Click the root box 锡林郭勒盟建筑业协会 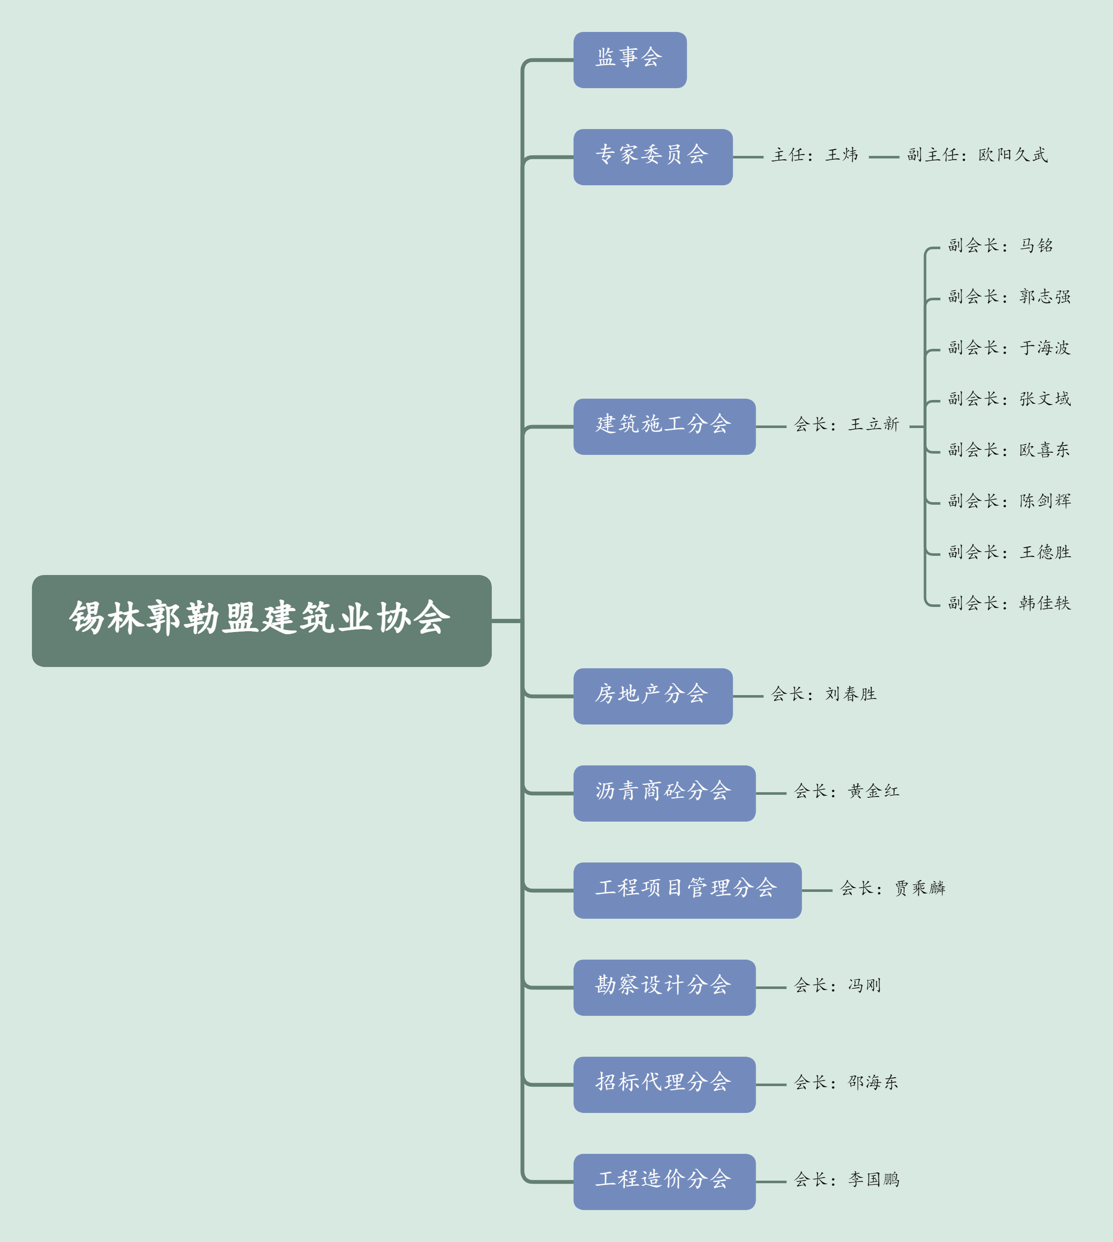[261, 621]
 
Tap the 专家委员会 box [652, 157]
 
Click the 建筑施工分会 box [664, 426]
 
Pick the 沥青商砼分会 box [664, 793]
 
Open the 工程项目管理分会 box [687, 890]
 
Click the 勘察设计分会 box [664, 987]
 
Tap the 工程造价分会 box [664, 1182]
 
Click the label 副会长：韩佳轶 [1009, 603]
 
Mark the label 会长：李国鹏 [846, 1179]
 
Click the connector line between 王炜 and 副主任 [884, 157]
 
